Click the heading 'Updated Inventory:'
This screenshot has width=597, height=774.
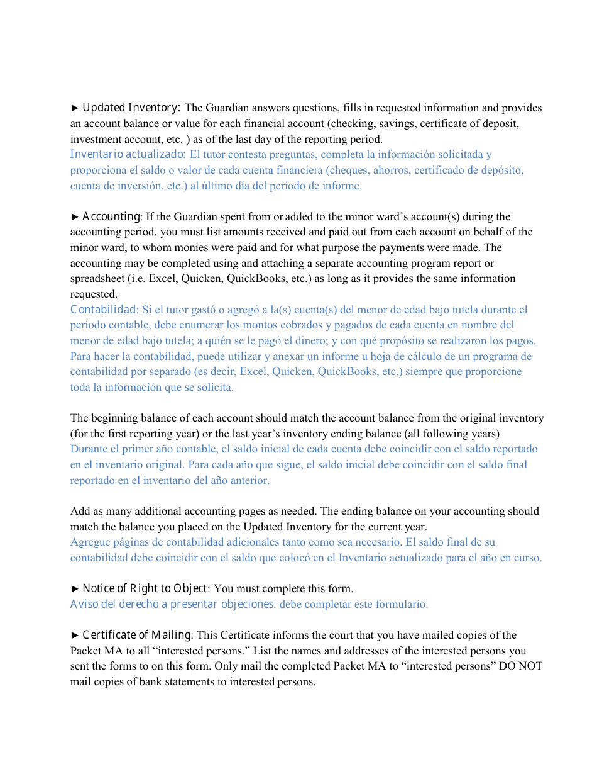pyautogui.click(x=132, y=108)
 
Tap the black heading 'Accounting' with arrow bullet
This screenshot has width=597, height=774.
pyautogui.click(x=111, y=216)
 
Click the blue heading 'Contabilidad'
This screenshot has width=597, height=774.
pyautogui.click(x=104, y=310)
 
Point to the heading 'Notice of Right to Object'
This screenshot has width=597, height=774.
pyautogui.click(x=145, y=588)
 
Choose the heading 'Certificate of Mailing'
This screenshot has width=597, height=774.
pyautogui.click(x=137, y=635)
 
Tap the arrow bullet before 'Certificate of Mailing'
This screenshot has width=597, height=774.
pyautogui.click(x=75, y=635)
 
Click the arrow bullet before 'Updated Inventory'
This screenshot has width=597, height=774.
pyautogui.click(x=75, y=108)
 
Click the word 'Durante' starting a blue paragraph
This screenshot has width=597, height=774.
pyautogui.click(x=89, y=449)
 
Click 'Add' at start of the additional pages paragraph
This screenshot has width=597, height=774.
pyautogui.click(x=80, y=511)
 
